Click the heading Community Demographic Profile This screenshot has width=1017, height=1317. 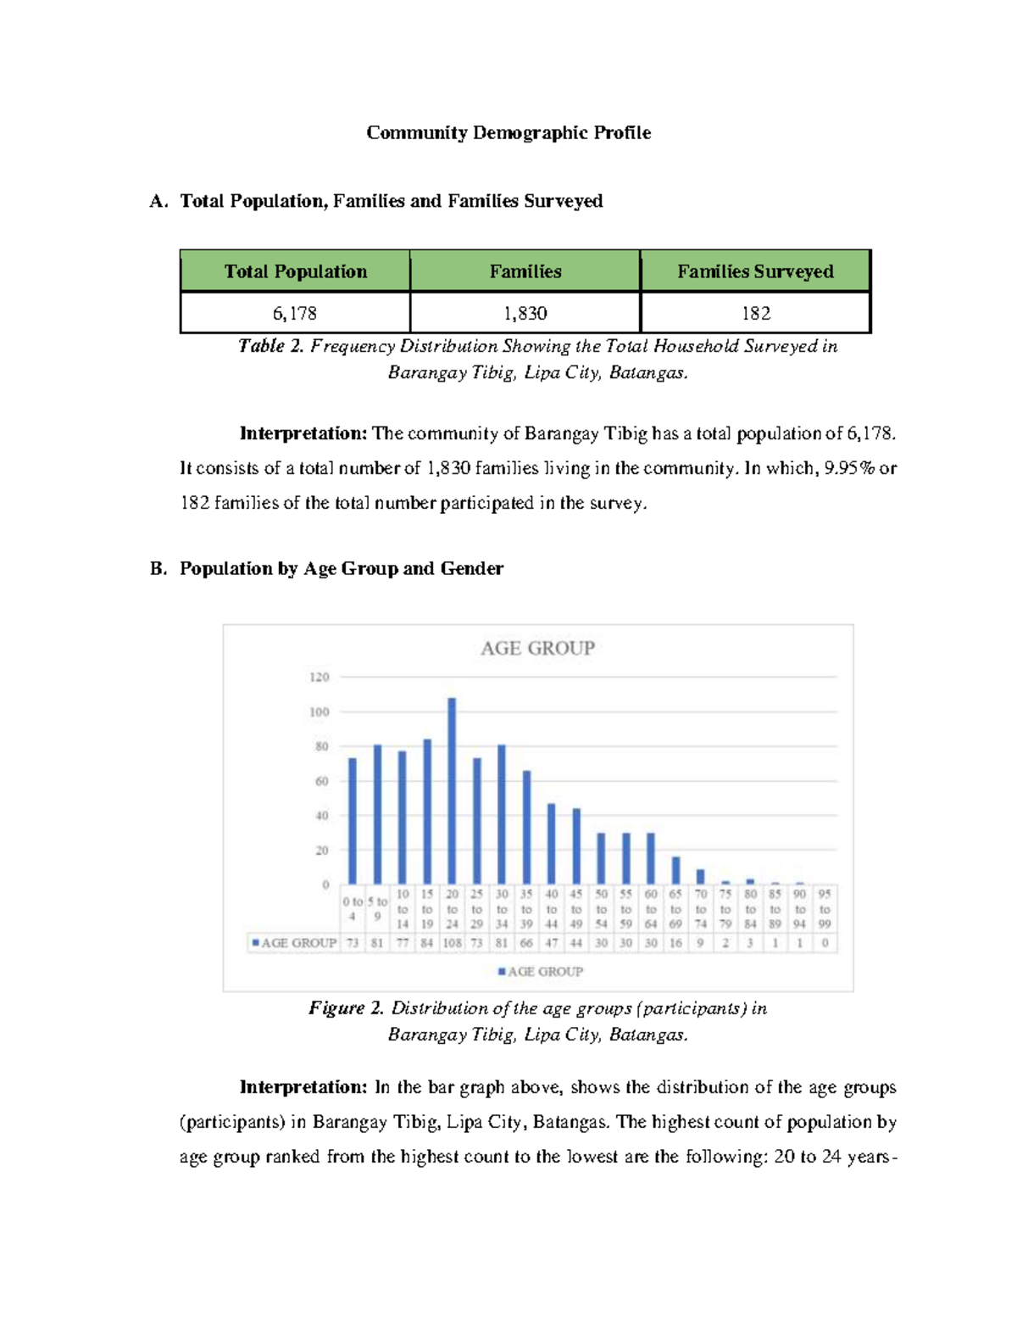[508, 133]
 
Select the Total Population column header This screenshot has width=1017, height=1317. [295, 271]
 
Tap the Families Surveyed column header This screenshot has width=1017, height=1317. [755, 271]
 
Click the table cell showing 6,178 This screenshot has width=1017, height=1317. [295, 314]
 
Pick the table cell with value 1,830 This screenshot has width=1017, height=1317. [525, 314]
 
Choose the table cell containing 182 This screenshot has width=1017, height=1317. [755, 314]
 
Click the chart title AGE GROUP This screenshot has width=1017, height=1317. [537, 649]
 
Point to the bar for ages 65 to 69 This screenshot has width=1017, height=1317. [675, 871]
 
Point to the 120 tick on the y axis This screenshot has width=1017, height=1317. [320, 678]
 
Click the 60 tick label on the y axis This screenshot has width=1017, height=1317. [322, 781]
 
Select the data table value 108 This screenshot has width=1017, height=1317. [453, 943]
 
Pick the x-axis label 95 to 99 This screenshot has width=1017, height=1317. [825, 909]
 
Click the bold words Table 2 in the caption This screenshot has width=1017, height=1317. [270, 346]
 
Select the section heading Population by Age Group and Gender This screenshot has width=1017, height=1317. [341, 569]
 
